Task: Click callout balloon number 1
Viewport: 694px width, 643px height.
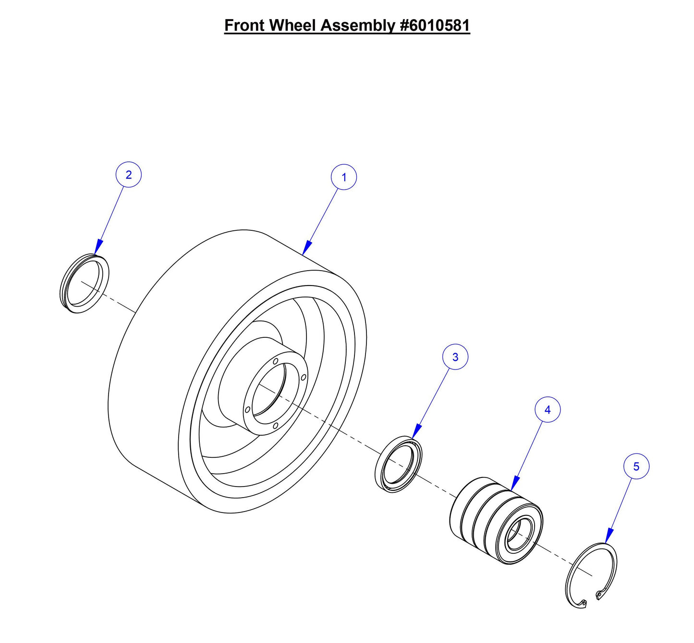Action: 344,177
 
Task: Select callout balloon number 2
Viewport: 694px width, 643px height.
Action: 128,175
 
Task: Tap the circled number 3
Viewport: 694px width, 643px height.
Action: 455,357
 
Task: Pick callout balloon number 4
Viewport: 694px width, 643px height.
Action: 548,410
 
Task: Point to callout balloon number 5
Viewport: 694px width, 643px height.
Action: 636,466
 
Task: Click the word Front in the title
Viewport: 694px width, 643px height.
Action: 244,25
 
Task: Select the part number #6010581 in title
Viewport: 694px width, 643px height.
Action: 435,25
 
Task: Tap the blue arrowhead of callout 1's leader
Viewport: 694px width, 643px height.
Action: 306,248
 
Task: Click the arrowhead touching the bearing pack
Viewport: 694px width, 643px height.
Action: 515,484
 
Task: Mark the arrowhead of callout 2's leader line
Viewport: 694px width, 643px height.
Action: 97,247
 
